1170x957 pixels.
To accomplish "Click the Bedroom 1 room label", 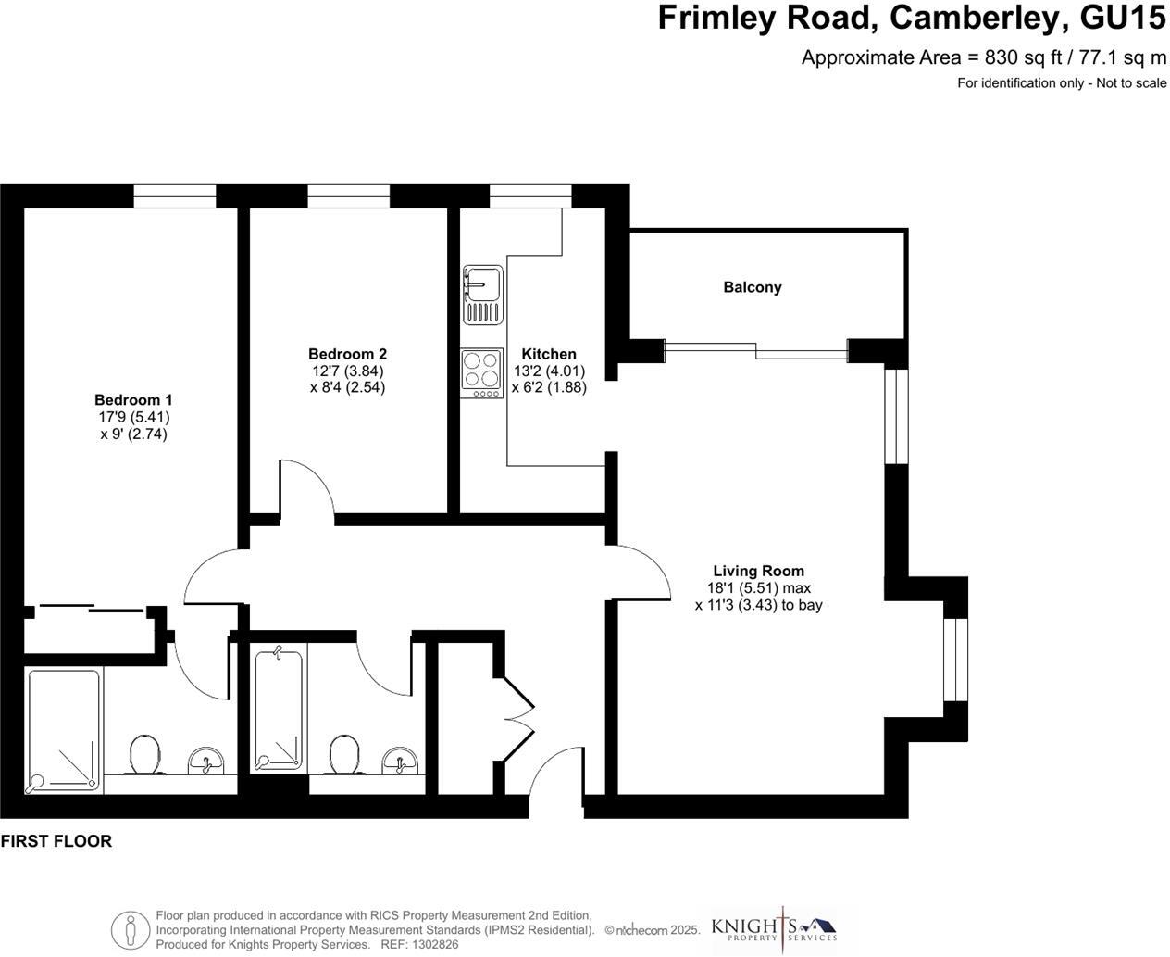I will pos(133,400).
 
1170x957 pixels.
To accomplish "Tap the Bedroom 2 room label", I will pos(347,354).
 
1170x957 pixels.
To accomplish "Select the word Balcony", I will pos(752,287).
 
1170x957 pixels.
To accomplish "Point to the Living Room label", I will pos(758,572).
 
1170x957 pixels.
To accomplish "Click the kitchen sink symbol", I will pos(482,294).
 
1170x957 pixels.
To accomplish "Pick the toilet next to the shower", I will pos(144,755).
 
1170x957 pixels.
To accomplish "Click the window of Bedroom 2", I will pos(348,195).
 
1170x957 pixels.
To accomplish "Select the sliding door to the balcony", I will pos(756,350).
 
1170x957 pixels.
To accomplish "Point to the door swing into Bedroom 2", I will pos(309,485).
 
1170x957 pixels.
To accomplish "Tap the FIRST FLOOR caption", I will pos(56,841).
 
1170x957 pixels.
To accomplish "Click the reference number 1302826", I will pos(432,945).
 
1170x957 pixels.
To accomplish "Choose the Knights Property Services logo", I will pos(773,928).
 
